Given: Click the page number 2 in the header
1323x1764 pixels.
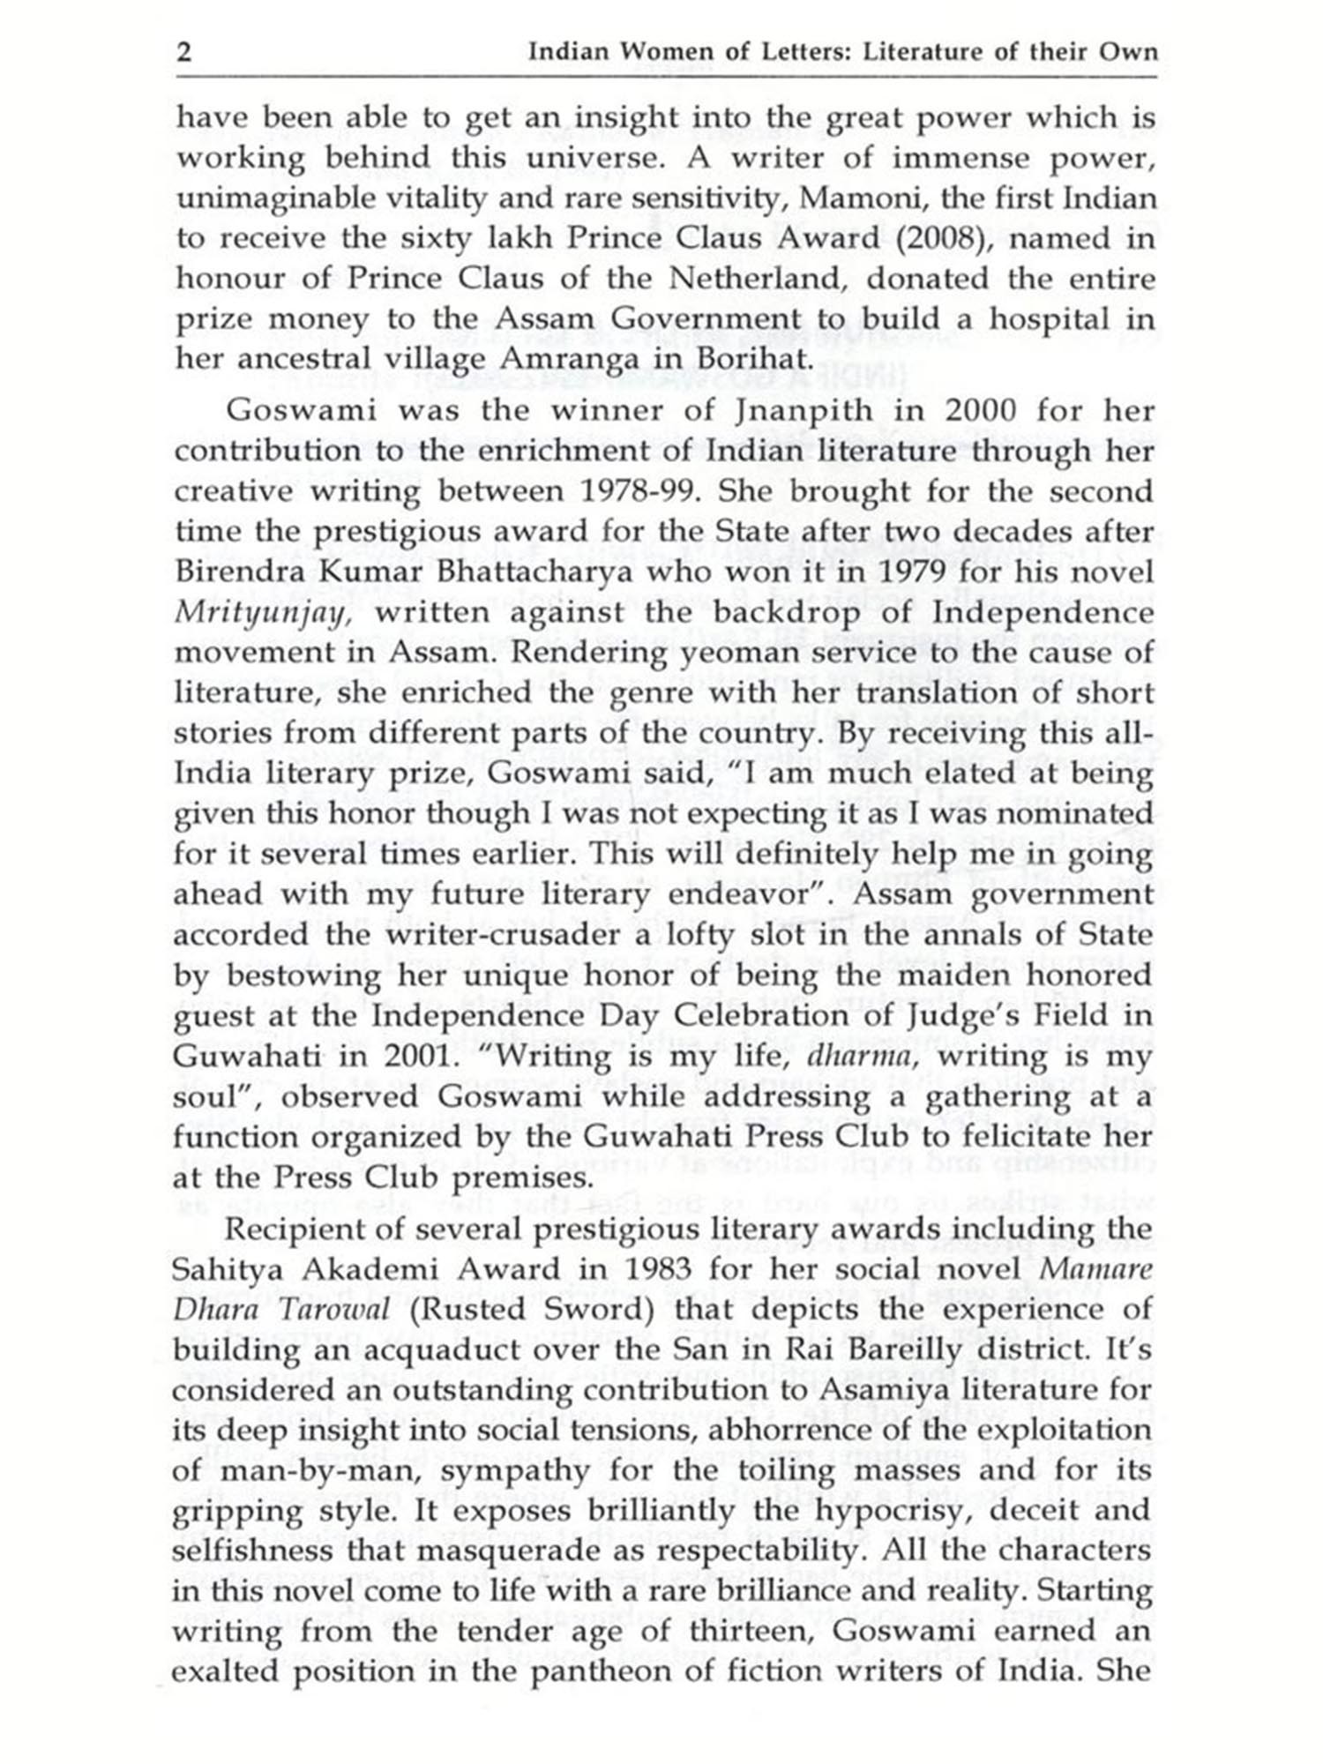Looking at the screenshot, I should pos(184,53).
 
